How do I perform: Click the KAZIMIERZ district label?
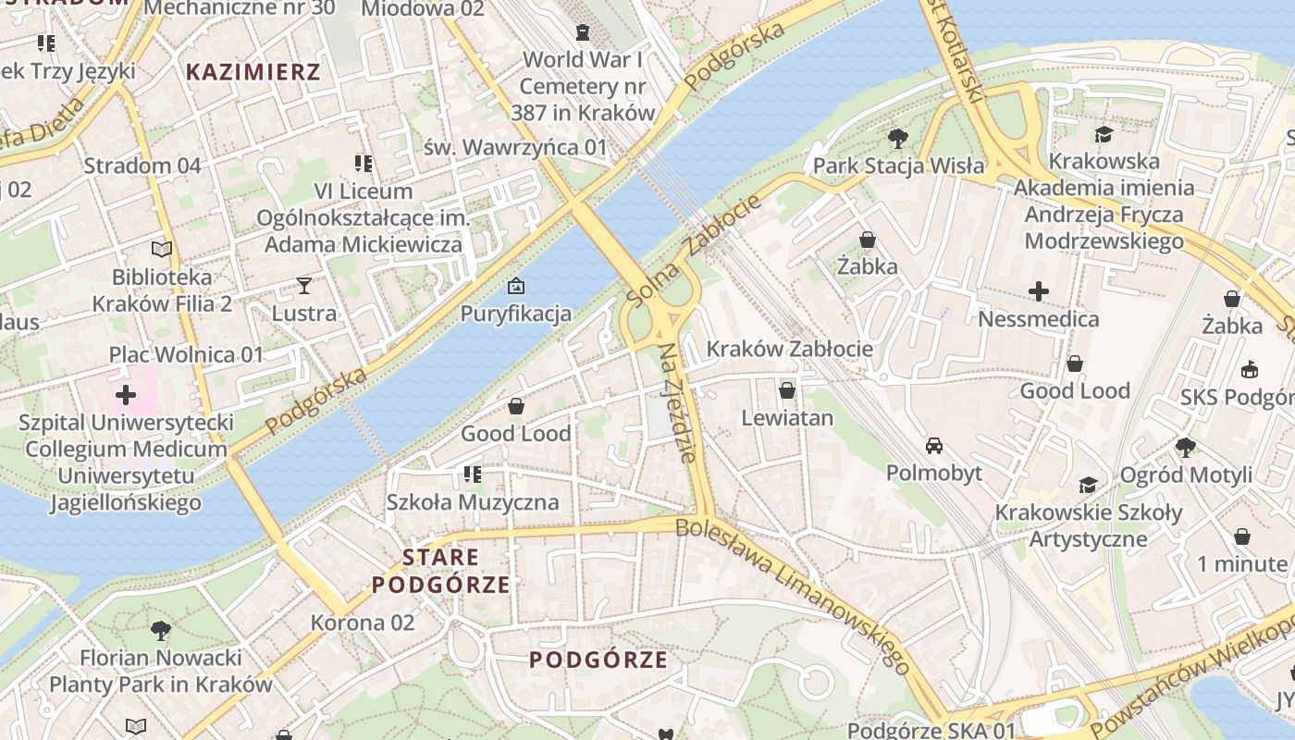click(253, 72)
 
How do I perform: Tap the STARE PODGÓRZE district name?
click(441, 571)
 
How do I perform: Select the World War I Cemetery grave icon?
click(582, 33)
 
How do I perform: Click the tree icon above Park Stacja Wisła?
click(896, 139)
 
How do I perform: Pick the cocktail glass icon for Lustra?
click(303, 286)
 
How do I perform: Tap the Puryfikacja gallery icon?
click(516, 286)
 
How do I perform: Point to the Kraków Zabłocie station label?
click(789, 349)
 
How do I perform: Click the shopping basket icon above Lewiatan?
click(786, 390)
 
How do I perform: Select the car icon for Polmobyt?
click(934, 446)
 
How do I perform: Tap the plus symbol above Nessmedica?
click(1038, 292)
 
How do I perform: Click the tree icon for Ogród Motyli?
click(1185, 448)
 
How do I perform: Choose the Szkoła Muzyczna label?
click(473, 502)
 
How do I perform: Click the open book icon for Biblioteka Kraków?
click(162, 249)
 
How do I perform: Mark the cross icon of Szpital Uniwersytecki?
click(126, 396)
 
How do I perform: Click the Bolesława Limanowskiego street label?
click(793, 596)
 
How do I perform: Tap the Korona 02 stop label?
click(363, 623)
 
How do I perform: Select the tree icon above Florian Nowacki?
click(160, 631)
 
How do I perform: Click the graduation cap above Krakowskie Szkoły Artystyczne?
click(1088, 486)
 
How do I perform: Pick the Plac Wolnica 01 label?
click(186, 354)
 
